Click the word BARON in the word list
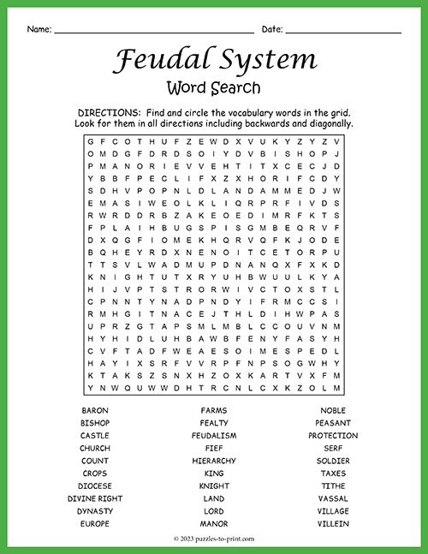(x=95, y=411)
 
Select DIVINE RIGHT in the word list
(x=95, y=498)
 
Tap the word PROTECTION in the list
(x=333, y=436)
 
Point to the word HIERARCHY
(x=214, y=461)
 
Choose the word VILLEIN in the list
(x=333, y=523)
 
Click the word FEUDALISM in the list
(x=214, y=436)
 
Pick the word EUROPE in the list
(x=95, y=523)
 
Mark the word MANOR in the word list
(x=214, y=523)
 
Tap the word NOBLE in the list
(x=333, y=411)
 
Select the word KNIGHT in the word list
(x=214, y=485)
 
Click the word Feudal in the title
(x=153, y=59)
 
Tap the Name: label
(x=39, y=29)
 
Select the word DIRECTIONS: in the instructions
(x=108, y=113)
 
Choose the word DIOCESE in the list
(x=95, y=485)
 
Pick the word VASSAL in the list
(x=333, y=498)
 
